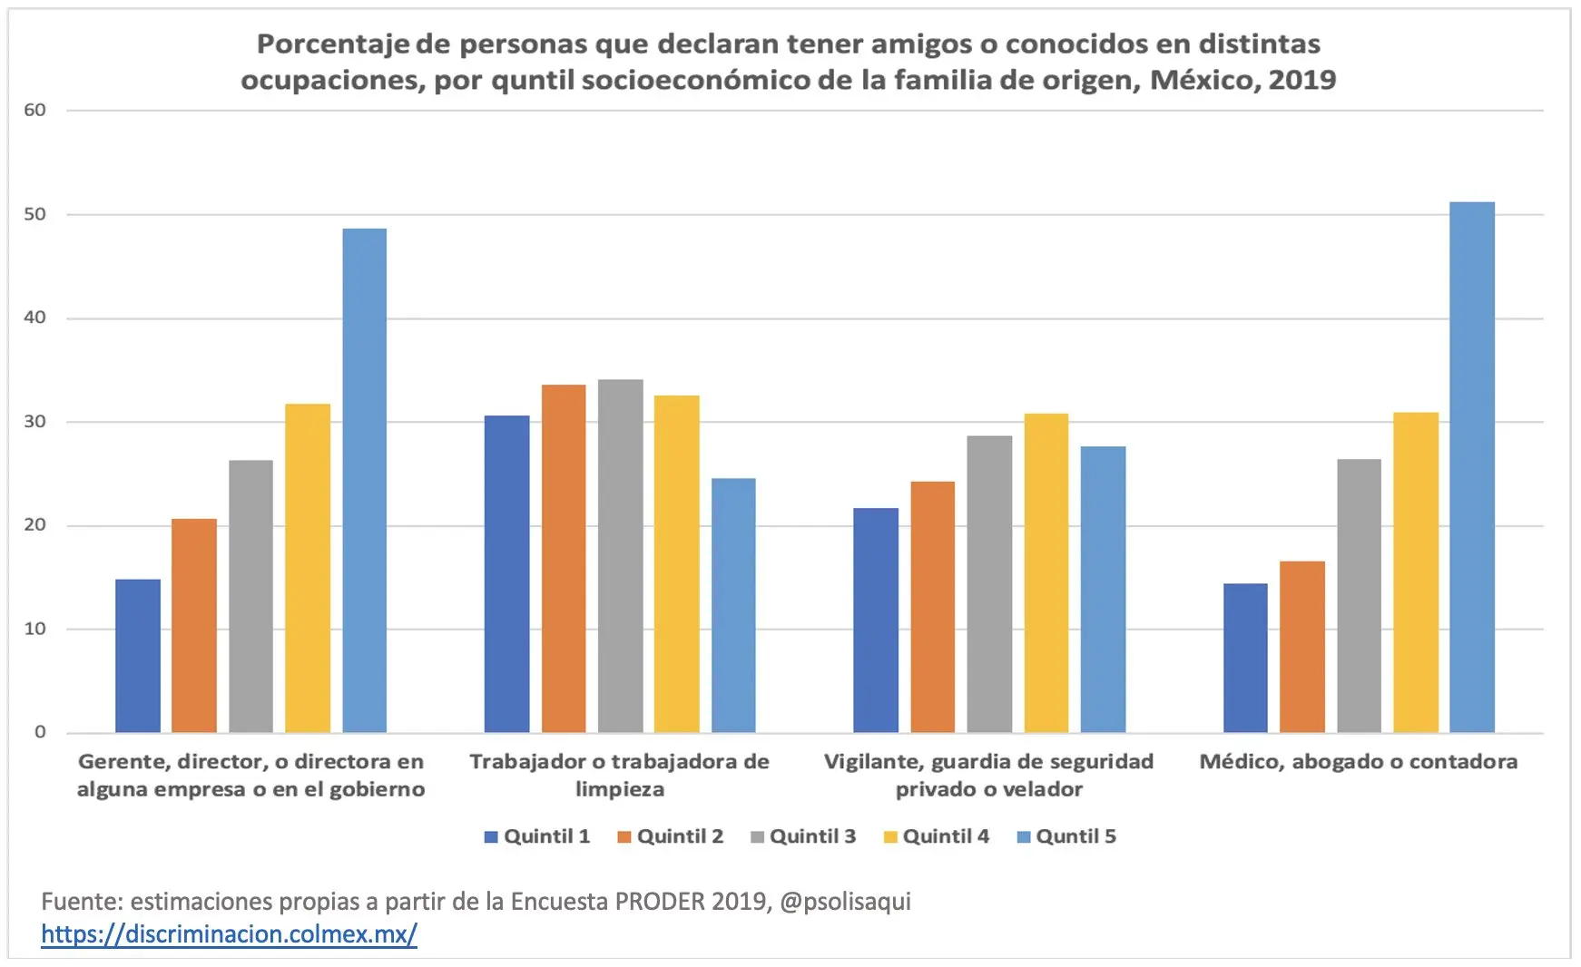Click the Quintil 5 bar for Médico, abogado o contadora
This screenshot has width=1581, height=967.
1471,467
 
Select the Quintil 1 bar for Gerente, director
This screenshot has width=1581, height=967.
138,656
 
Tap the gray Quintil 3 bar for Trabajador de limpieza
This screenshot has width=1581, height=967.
621,556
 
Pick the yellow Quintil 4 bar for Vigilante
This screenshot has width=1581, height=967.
1046,573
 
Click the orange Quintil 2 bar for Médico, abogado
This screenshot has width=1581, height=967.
1302,647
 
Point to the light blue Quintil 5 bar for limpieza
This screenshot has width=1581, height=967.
733,605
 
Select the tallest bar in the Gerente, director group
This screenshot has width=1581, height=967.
364,481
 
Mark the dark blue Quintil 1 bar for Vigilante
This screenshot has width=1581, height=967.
876,620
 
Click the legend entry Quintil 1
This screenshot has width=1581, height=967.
537,836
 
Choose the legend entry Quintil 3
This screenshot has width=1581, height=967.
803,836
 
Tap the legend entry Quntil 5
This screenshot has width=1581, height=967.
1067,836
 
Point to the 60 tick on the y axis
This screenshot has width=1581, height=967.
34,111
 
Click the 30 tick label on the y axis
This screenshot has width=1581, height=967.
34,422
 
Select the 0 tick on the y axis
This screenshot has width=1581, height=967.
40,732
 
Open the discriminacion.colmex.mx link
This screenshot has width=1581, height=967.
229,934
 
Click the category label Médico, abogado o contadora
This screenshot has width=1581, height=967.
1358,762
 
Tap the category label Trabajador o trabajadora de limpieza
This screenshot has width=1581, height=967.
619,775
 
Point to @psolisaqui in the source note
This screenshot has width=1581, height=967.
845,902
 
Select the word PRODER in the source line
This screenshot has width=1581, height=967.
660,902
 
